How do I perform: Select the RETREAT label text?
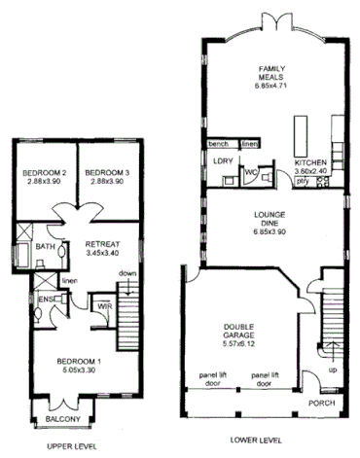[102, 243]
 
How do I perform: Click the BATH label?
[45, 247]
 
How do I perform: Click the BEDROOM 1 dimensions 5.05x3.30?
[77, 370]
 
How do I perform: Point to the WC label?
[250, 172]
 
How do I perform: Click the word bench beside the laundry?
[218, 142]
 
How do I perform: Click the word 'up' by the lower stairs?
[334, 370]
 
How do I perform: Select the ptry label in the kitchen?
[303, 181]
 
